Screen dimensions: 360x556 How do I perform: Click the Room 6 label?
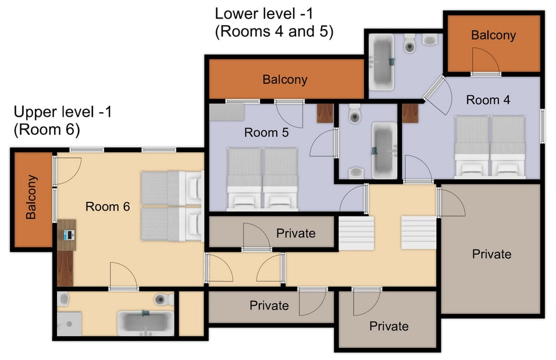(107, 206)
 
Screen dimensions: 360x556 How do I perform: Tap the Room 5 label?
(266, 133)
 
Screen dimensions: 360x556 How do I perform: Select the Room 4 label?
(488, 100)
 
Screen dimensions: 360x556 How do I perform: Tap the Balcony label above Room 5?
(284, 80)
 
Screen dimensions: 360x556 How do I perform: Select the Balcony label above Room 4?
(493, 35)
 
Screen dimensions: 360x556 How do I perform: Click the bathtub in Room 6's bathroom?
(145, 323)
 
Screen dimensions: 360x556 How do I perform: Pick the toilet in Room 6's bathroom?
(164, 300)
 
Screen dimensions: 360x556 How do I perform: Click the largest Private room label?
(491, 254)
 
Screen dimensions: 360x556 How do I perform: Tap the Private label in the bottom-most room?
(389, 326)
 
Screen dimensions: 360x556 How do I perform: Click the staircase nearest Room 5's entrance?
(356, 233)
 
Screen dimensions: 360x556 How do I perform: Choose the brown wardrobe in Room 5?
(325, 113)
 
